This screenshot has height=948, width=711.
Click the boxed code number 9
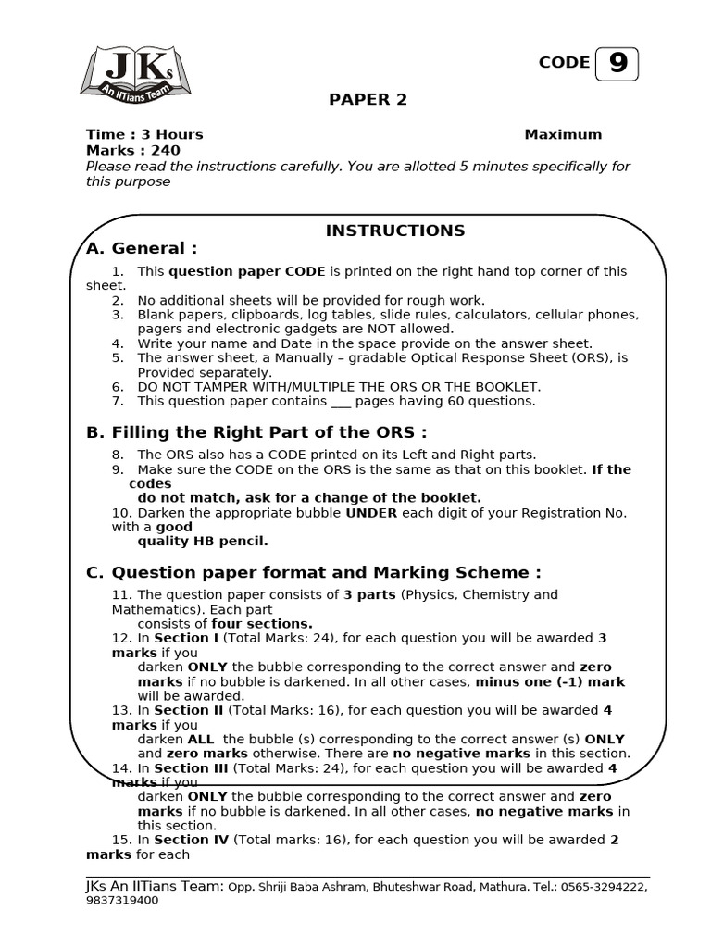tap(617, 63)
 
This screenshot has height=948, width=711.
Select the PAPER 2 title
tap(368, 100)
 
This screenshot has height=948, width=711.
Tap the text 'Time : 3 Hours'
tap(144, 134)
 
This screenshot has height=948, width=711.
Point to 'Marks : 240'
tap(133, 150)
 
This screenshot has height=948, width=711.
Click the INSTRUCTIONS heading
tap(395, 231)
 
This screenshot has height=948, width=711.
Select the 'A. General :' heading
tap(142, 248)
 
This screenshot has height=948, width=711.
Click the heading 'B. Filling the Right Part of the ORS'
tap(256, 432)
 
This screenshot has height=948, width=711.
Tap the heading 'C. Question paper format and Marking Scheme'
tap(314, 572)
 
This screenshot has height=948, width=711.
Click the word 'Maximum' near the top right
tap(563, 134)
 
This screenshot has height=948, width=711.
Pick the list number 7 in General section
tap(118, 401)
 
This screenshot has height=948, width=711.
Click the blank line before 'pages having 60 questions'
tap(342, 402)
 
